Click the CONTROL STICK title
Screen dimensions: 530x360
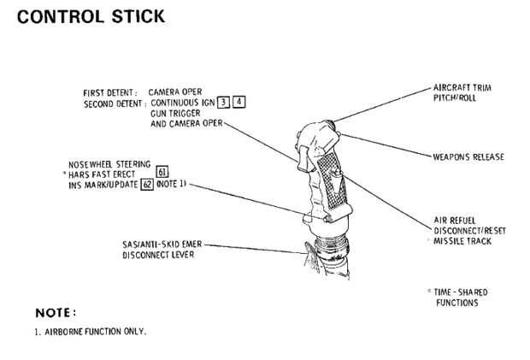[91, 16]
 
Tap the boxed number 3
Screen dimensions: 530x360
[223, 102]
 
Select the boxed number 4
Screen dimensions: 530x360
[239, 102]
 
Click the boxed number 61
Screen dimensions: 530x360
[162, 172]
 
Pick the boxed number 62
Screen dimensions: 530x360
[147, 185]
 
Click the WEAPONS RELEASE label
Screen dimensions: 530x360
[468, 156]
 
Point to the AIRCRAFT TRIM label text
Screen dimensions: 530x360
[462, 87]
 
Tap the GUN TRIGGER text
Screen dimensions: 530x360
[175, 113]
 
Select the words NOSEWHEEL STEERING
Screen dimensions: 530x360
[109, 164]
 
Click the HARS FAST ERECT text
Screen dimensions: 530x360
[102, 174]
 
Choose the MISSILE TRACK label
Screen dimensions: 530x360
[462, 241]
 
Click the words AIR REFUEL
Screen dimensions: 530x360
[455, 221]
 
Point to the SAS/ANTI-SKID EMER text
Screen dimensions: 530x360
[162, 244]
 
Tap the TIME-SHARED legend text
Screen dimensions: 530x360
[461, 292]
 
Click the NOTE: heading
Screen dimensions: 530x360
[56, 313]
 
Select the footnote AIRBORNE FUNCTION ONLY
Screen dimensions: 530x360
[96, 332]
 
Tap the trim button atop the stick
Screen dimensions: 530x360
[330, 124]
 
